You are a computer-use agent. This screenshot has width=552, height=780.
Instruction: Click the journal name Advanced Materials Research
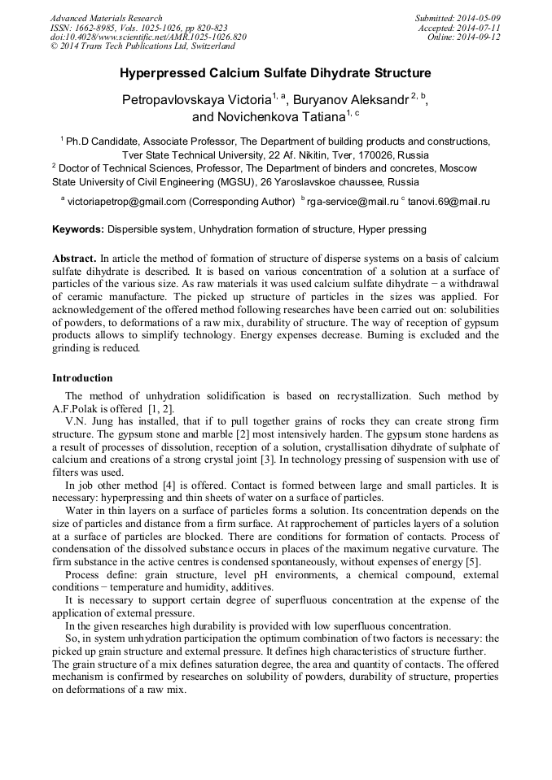point(107,18)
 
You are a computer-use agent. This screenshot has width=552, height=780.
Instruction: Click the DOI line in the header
point(148,37)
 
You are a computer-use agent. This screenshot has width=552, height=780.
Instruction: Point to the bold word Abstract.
point(74,258)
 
